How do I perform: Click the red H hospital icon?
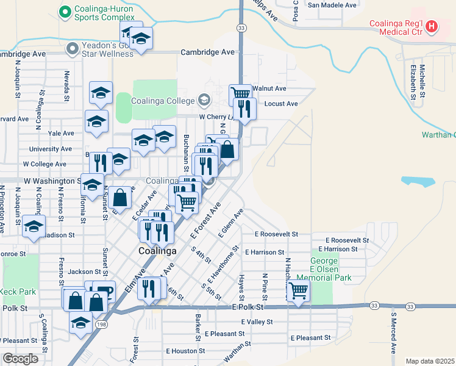pos(432,26)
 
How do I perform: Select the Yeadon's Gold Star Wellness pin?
pos(73,47)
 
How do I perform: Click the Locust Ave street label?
pos(281,104)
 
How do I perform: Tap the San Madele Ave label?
pos(332,5)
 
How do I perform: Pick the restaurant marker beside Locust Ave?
pos(244,108)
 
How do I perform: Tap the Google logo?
pos(20,359)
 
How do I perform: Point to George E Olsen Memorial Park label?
pos(324,269)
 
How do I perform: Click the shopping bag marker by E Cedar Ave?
pos(121,196)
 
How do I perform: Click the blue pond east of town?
pos(419,182)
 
